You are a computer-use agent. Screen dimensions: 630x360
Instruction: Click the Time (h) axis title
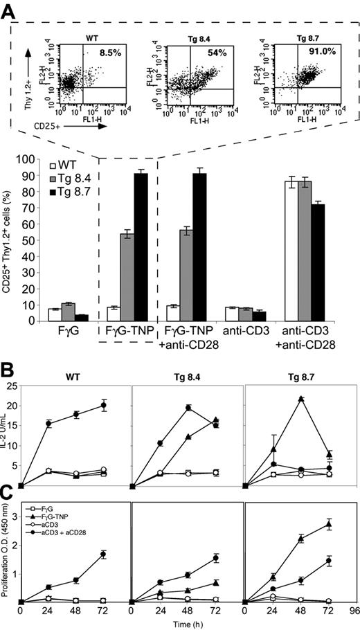(x=189, y=624)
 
